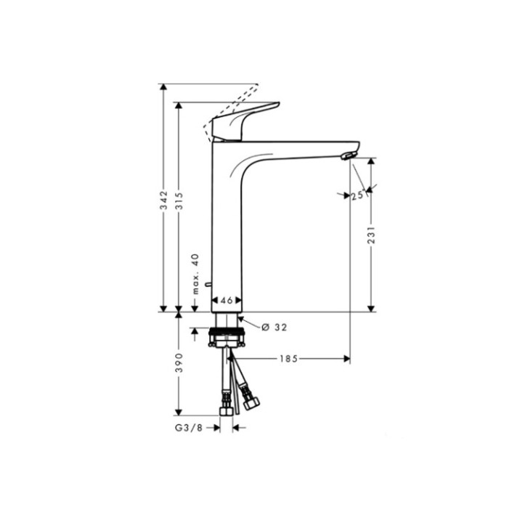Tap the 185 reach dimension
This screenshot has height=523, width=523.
click(288, 358)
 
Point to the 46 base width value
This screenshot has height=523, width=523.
click(226, 299)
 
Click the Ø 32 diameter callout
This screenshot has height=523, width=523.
click(275, 328)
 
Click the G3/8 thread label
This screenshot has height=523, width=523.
click(187, 429)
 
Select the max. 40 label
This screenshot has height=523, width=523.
click(195, 273)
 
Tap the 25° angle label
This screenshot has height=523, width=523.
click(357, 195)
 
